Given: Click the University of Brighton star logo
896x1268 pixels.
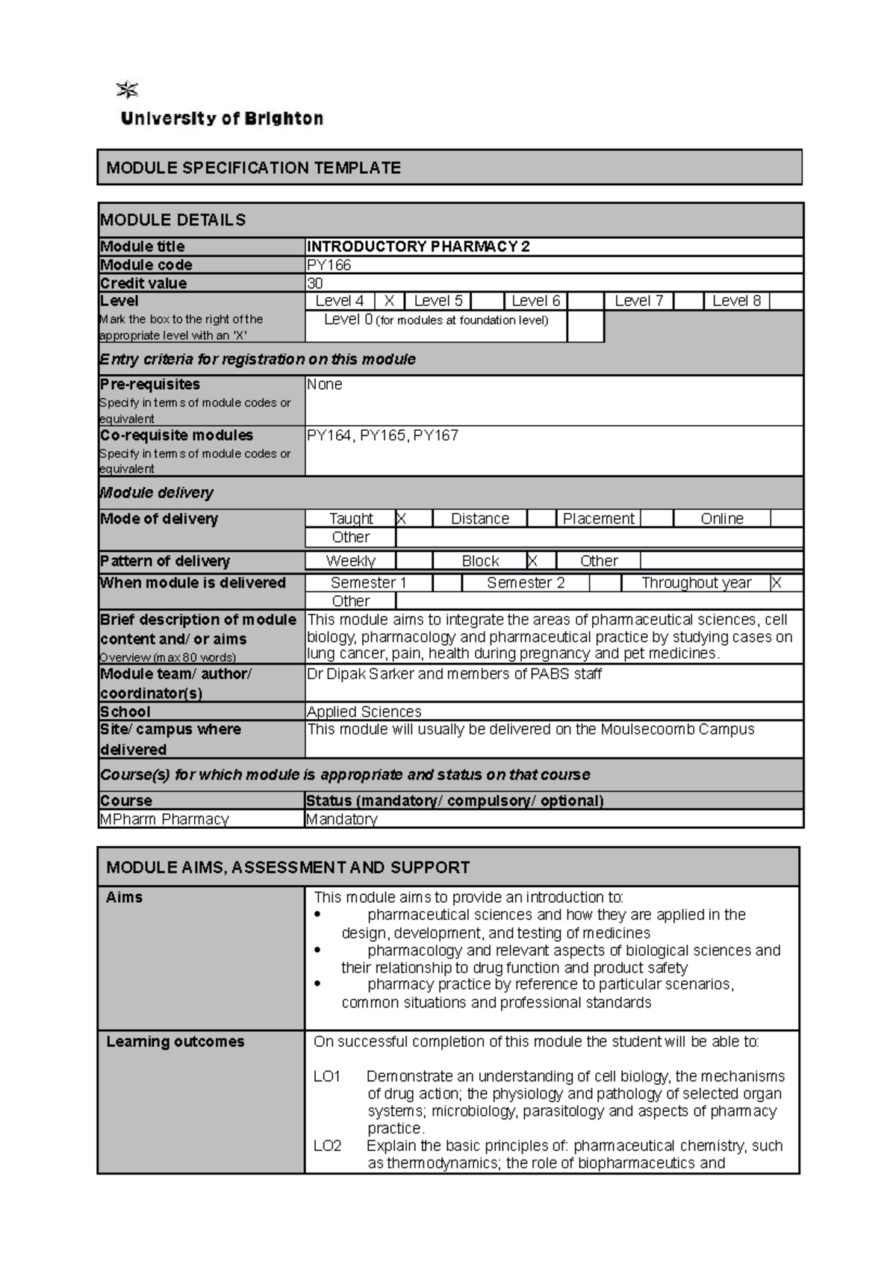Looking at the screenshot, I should pos(128,91).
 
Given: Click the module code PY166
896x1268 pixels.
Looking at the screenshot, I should pos(329,265).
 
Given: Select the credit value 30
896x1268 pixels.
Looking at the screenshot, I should pos(315,283).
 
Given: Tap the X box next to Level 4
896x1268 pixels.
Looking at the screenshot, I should pos(389,301).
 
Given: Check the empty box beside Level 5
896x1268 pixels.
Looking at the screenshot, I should pos(487,301).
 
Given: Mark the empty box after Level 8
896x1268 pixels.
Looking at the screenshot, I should pos(786,301).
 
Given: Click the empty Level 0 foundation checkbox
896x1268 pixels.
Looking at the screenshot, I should pos(585,326).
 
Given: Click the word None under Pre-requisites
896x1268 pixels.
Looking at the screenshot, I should pos(325,385).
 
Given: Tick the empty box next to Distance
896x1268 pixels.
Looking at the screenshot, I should pos(541,518).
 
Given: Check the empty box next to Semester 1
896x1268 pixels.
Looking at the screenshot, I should pos(447,583).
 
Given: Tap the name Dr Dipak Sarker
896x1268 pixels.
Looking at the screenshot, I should pos(361,674).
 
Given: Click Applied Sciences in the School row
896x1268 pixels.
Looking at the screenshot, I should pos(364,712).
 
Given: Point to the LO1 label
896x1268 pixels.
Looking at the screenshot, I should pos(327,1076).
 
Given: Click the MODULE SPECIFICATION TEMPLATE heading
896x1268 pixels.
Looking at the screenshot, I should pos(254,168).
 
